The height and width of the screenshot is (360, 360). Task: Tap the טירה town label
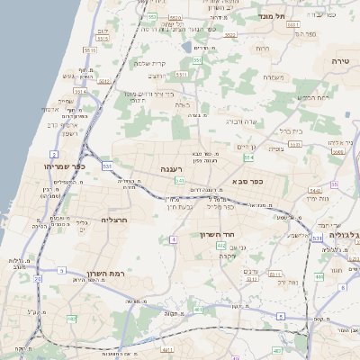(x=340, y=59)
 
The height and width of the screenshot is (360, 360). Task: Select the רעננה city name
(x=174, y=168)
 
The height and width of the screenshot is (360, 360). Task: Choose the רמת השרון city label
(x=90, y=273)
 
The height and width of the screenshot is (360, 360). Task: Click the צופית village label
(x=275, y=148)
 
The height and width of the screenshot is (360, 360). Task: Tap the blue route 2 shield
(x=56, y=154)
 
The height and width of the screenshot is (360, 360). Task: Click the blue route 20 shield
(x=38, y=279)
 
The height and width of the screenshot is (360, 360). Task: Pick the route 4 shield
(x=171, y=239)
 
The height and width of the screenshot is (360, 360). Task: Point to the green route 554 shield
(x=248, y=157)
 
